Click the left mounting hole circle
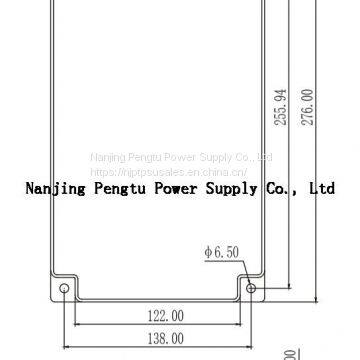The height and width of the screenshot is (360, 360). tap(67, 290)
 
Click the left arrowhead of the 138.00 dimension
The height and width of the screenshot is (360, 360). tap(70, 349)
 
